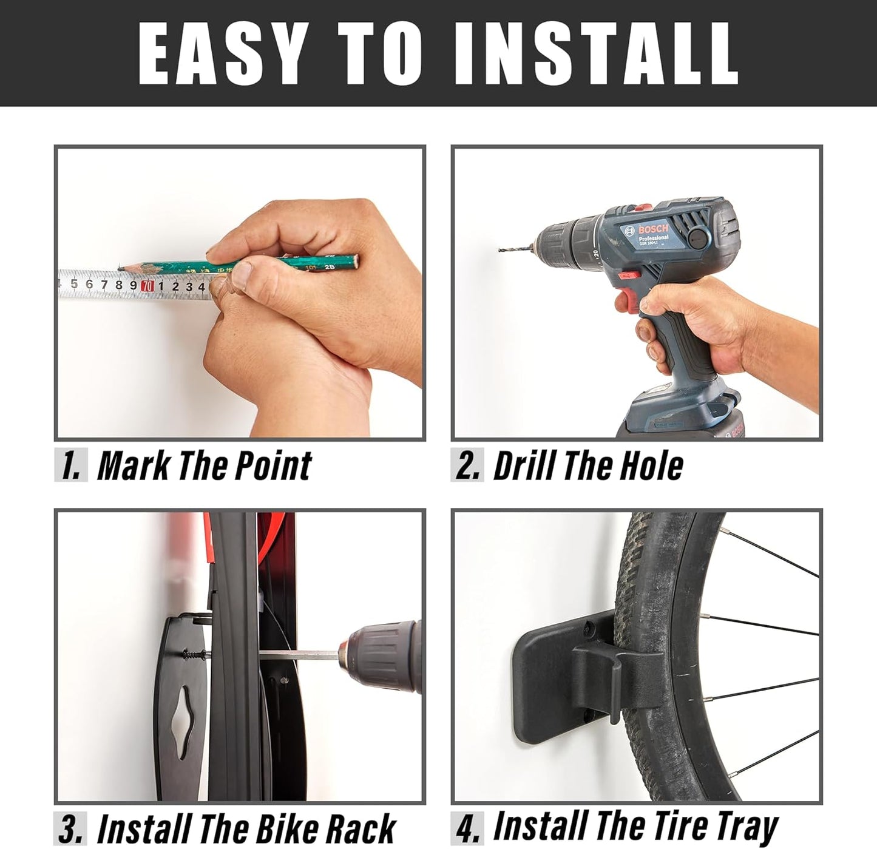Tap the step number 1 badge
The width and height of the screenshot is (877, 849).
coord(71,465)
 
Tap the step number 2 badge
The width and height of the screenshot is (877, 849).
coord(467,465)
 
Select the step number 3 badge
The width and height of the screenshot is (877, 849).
coord(71,828)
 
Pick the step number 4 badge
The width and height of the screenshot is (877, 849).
coord(467,828)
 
